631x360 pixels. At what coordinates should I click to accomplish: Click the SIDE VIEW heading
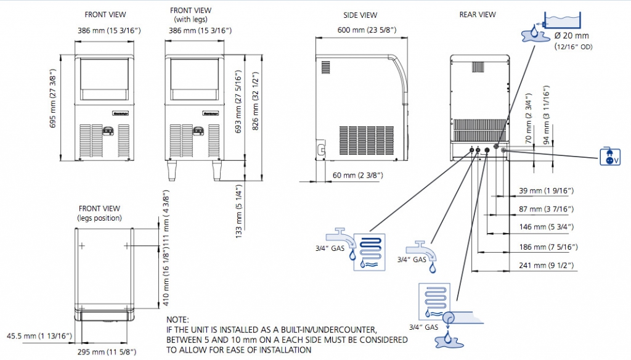point(360,15)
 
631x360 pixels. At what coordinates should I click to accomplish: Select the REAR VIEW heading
point(477,14)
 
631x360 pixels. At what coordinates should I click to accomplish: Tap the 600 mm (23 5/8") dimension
point(367,30)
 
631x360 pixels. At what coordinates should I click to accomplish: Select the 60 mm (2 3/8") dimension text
point(358,176)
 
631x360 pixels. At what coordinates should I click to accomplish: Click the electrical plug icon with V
point(609,157)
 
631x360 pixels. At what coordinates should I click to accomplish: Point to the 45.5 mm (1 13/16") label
point(40,336)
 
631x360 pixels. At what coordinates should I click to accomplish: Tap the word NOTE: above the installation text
point(178,320)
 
